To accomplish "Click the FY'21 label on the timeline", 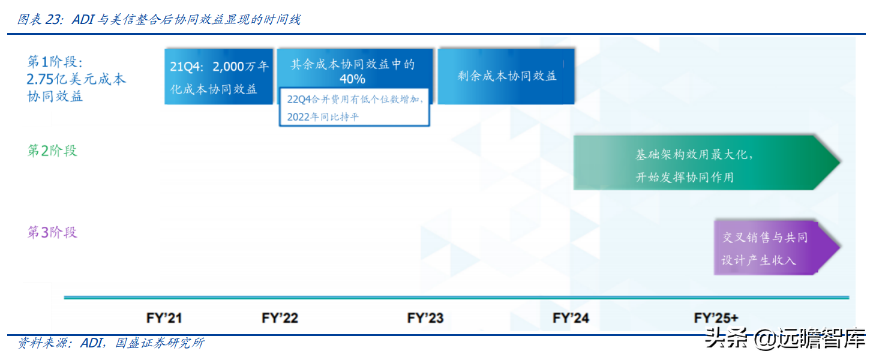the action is coord(164,317).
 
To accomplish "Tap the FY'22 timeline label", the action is coord(280,317).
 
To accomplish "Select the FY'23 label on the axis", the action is coord(425,317).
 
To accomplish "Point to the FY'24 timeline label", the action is coord(571,317).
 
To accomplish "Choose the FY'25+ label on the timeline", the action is coord(716,317).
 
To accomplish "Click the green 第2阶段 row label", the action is coord(52,151).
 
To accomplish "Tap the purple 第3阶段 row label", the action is coord(52,232).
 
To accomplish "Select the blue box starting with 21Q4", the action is coord(219,77).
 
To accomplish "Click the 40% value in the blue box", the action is coord(352,79).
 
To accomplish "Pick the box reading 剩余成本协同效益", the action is coord(506,76).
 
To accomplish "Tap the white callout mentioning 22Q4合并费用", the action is coord(355,108).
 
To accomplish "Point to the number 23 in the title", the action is coord(53,20).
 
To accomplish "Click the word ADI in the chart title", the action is coord(83,20).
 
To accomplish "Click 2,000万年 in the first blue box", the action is coord(241,67).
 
